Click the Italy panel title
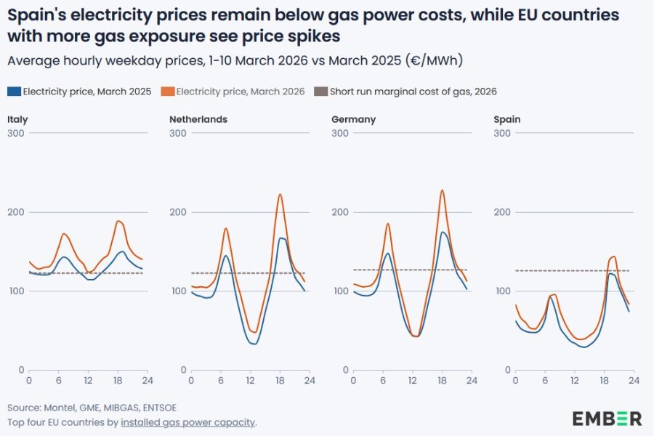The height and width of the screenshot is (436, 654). tap(17, 119)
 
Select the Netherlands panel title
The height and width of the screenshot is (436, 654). tap(198, 119)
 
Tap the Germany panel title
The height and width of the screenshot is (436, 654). tap(353, 119)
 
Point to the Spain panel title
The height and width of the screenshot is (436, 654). tap(506, 119)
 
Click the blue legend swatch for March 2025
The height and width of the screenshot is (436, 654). tap(14, 92)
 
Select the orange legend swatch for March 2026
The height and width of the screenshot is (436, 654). tap(167, 92)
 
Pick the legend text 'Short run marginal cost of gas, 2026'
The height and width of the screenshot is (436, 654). tap(413, 92)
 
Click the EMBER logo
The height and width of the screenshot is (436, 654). tap(607, 418)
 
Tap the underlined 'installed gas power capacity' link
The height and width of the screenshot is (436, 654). tap(188, 422)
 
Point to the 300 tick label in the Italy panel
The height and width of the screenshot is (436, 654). tap(15, 133)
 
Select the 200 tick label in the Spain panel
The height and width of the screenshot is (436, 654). tap(501, 212)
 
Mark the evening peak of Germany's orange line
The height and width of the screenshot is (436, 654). tap(442, 190)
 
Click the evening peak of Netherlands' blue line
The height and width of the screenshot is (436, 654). tap(281, 238)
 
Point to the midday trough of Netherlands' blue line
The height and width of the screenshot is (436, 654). tap(253, 343)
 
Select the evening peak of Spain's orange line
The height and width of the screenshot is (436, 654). tap(614, 256)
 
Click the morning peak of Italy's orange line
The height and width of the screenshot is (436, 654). tap(64, 233)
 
